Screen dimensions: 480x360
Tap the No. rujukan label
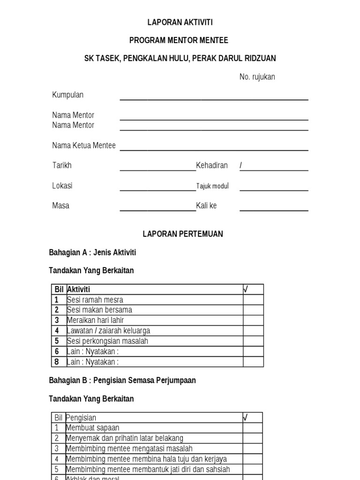(x=257, y=77)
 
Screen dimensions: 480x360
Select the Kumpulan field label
(x=67, y=95)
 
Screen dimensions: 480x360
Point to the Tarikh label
(x=62, y=165)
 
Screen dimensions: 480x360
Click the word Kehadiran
(x=212, y=165)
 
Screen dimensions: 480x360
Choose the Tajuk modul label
(x=212, y=186)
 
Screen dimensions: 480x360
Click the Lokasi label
(x=62, y=186)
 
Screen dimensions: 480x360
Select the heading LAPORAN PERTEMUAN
(x=183, y=234)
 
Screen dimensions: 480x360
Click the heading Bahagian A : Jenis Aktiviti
(x=92, y=253)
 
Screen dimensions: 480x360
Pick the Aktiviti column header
(x=79, y=289)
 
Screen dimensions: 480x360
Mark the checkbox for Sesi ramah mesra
(x=253, y=300)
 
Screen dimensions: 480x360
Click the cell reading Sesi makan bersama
(x=99, y=310)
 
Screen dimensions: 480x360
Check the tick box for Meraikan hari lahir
(x=253, y=320)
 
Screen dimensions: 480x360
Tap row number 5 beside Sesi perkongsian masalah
(x=57, y=341)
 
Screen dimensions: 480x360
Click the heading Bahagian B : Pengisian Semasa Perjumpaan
(x=122, y=381)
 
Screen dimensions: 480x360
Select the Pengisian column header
(x=81, y=418)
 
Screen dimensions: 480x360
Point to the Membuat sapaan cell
(x=92, y=428)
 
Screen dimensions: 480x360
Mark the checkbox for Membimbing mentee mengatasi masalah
(x=252, y=449)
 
